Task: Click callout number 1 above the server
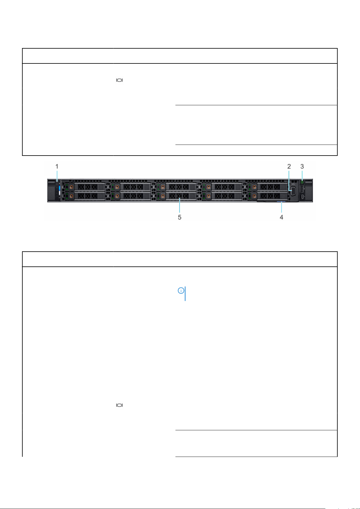pyautogui.click(x=57, y=166)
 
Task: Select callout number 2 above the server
pyautogui.click(x=289, y=166)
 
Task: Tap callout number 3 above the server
pyautogui.click(x=302, y=166)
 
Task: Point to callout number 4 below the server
pyautogui.click(x=281, y=217)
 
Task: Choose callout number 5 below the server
pyautogui.click(x=180, y=217)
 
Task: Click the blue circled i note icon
pyautogui.click(x=181, y=291)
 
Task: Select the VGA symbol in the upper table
pyautogui.click(x=120, y=80)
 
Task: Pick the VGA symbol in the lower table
pyautogui.click(x=120, y=405)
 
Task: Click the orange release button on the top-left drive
pyautogui.click(x=71, y=187)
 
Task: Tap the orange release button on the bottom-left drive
pyautogui.click(x=71, y=196)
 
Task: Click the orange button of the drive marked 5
pyautogui.click(x=163, y=196)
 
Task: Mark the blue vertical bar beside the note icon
pyautogui.click(x=185, y=294)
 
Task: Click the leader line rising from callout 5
pyautogui.click(x=180, y=205)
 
